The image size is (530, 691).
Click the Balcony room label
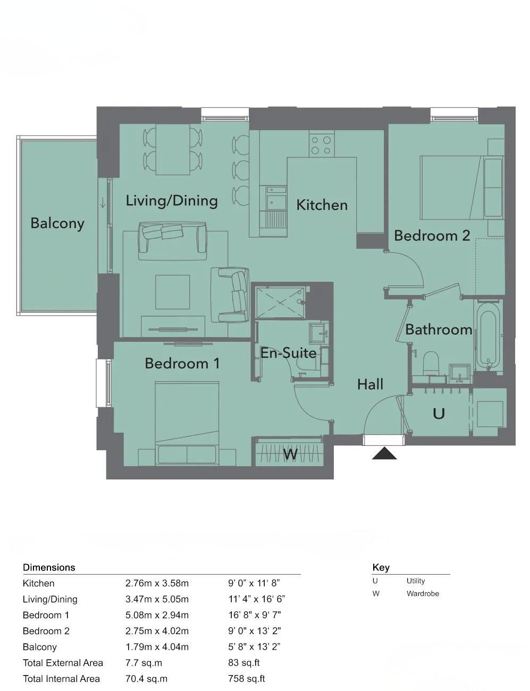57,223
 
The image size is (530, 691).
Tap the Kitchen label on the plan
322,205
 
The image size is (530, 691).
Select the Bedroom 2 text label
432,235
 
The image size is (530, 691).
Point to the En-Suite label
288,353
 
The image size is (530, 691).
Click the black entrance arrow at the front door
384,453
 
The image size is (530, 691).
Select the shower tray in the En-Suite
280,303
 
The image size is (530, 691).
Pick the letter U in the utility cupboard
439,414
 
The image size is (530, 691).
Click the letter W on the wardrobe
290,454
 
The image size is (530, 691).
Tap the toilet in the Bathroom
431,364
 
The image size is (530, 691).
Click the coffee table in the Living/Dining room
172,292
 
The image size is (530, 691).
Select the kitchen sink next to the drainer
276,201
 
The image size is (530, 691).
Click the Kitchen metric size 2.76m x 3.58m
157,583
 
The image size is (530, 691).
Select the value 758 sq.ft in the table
246,679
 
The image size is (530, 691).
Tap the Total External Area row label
63,663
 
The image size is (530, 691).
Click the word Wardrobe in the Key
423,594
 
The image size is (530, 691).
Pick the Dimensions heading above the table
49,567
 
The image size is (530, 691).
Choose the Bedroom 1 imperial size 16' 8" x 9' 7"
254,615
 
